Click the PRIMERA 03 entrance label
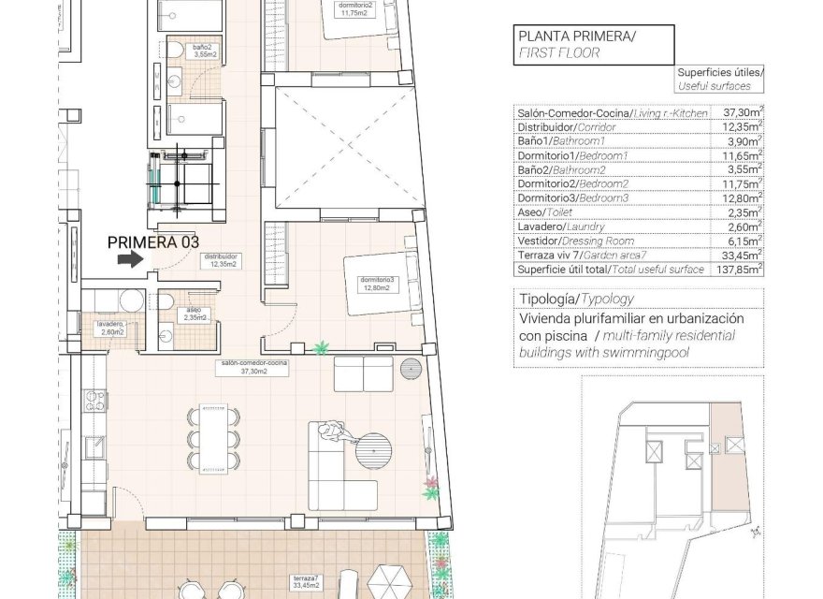tap(153, 241)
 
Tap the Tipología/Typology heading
tap(574, 299)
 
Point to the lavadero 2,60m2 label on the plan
tap(110, 328)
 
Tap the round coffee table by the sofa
tap(377, 450)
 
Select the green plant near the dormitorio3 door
tap(322, 348)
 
